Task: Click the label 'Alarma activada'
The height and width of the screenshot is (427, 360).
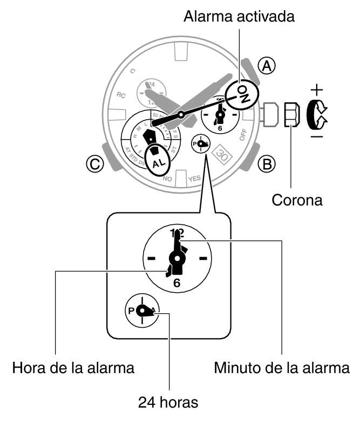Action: [239, 17]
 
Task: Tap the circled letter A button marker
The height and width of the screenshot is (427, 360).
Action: [266, 66]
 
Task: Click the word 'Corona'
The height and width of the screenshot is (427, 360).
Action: [297, 201]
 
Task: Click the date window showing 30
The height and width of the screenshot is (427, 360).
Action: [221, 154]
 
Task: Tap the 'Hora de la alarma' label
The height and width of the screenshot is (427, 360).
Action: [73, 369]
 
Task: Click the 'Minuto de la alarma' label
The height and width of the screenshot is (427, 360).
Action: [282, 369]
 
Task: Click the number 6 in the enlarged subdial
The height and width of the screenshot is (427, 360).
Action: [176, 283]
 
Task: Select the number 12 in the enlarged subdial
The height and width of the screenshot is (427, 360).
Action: [176, 233]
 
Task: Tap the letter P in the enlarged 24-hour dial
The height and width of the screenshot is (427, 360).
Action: [131, 311]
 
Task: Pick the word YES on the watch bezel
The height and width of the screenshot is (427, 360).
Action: [194, 178]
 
